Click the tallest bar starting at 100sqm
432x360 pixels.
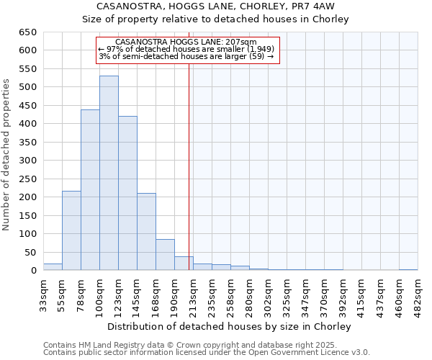point(109,173)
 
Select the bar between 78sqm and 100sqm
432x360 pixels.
point(90,190)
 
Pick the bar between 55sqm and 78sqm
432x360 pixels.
point(71,230)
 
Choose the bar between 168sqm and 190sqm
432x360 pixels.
point(165,255)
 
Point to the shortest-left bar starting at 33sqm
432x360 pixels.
point(53,267)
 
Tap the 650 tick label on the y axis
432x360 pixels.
point(28,32)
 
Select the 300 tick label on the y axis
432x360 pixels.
point(28,161)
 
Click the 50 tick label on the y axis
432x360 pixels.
point(31,252)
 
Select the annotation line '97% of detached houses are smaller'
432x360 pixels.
point(186,49)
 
